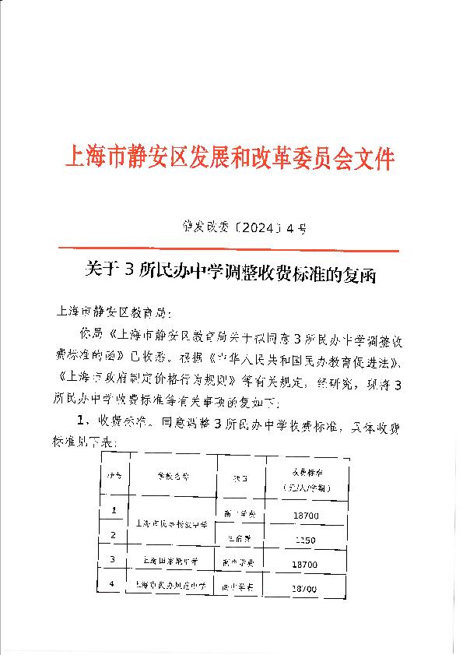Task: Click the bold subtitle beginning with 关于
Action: coord(229,272)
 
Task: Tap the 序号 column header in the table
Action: coord(115,475)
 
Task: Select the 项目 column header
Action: coord(237,476)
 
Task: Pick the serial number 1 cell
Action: coord(114,511)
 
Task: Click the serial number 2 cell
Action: coord(114,535)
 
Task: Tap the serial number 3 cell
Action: coord(114,559)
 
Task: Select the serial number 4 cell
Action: coord(114,583)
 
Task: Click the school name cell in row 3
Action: coord(171,561)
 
